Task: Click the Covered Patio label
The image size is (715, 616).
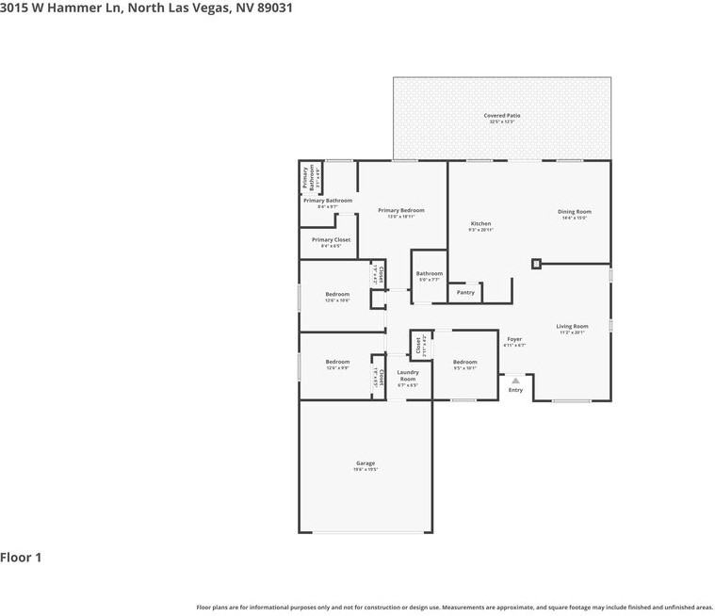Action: pos(502,115)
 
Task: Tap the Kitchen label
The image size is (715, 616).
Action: pos(480,224)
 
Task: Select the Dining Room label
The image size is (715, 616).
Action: pos(574,212)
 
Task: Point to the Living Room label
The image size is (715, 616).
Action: pos(572,327)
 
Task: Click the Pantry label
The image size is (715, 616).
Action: pos(465,292)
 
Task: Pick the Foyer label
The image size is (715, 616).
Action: pos(514,339)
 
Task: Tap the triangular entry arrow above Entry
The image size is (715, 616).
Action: pos(515,381)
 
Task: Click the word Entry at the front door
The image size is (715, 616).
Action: pos(515,390)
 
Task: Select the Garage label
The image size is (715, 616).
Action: pos(366,462)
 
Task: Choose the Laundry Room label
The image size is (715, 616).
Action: pos(407,375)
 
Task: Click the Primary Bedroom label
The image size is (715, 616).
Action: pos(401,210)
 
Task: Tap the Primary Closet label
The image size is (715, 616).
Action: pos(331,240)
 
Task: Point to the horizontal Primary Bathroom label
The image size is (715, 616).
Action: pos(328,201)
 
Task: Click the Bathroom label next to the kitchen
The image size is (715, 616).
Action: pos(430,274)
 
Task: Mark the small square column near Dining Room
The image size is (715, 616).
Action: pos(536,264)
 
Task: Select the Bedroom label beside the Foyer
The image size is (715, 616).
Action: pos(464,363)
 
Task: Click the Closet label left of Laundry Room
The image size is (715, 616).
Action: pos(382,378)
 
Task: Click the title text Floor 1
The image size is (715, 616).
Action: pos(21,558)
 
